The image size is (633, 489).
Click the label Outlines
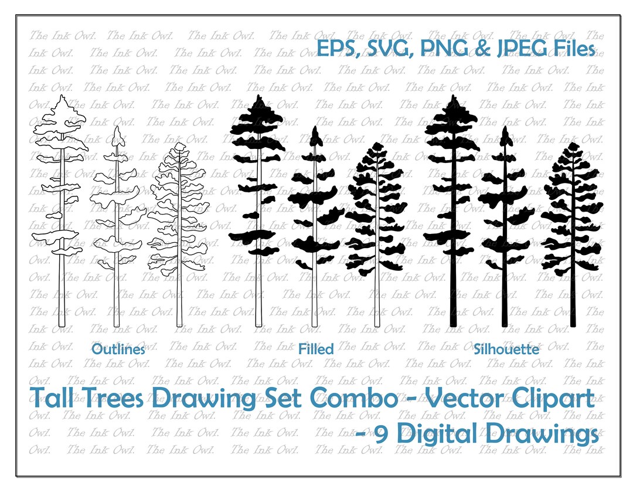pyautogui.click(x=118, y=350)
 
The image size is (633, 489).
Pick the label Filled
pyautogui.click(x=316, y=349)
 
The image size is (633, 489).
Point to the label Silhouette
pyautogui.click(x=506, y=349)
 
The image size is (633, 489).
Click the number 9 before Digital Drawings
pyautogui.click(x=381, y=435)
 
